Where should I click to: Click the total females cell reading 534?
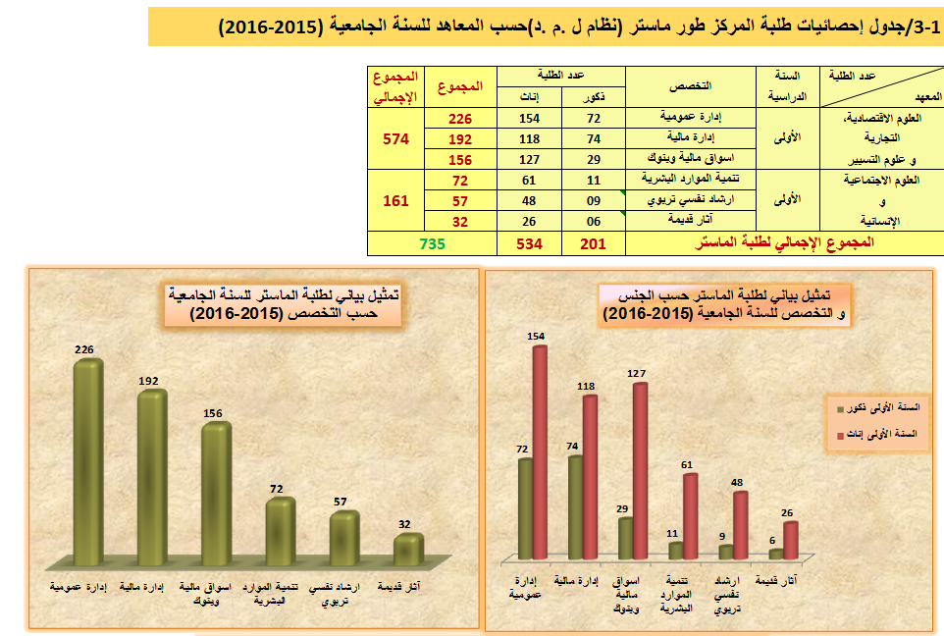coord(530,243)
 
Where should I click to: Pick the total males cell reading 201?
coord(594,243)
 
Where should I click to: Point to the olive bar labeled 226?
coord(88,461)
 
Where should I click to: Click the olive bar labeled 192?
coord(152,478)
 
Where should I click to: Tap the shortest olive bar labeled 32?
coord(408,550)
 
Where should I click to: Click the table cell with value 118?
coord(530,138)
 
